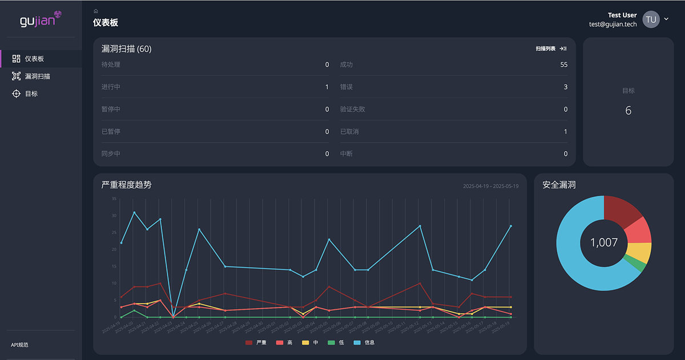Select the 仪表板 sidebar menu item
[x=34, y=59]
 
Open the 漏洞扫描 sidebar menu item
[x=37, y=76]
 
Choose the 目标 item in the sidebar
[x=31, y=94]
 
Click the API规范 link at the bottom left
[x=20, y=345]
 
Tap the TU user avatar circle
[x=651, y=19]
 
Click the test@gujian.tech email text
[x=613, y=25]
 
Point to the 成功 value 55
[x=563, y=65]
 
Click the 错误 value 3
[x=565, y=87]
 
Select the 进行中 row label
[x=111, y=87]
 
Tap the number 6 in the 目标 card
[x=628, y=111]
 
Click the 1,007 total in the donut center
[x=603, y=243]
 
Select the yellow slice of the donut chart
[x=639, y=252]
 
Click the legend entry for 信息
[x=364, y=342]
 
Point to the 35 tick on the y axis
[x=114, y=199]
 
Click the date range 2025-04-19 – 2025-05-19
[x=490, y=187]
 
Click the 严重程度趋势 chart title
[x=126, y=185]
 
